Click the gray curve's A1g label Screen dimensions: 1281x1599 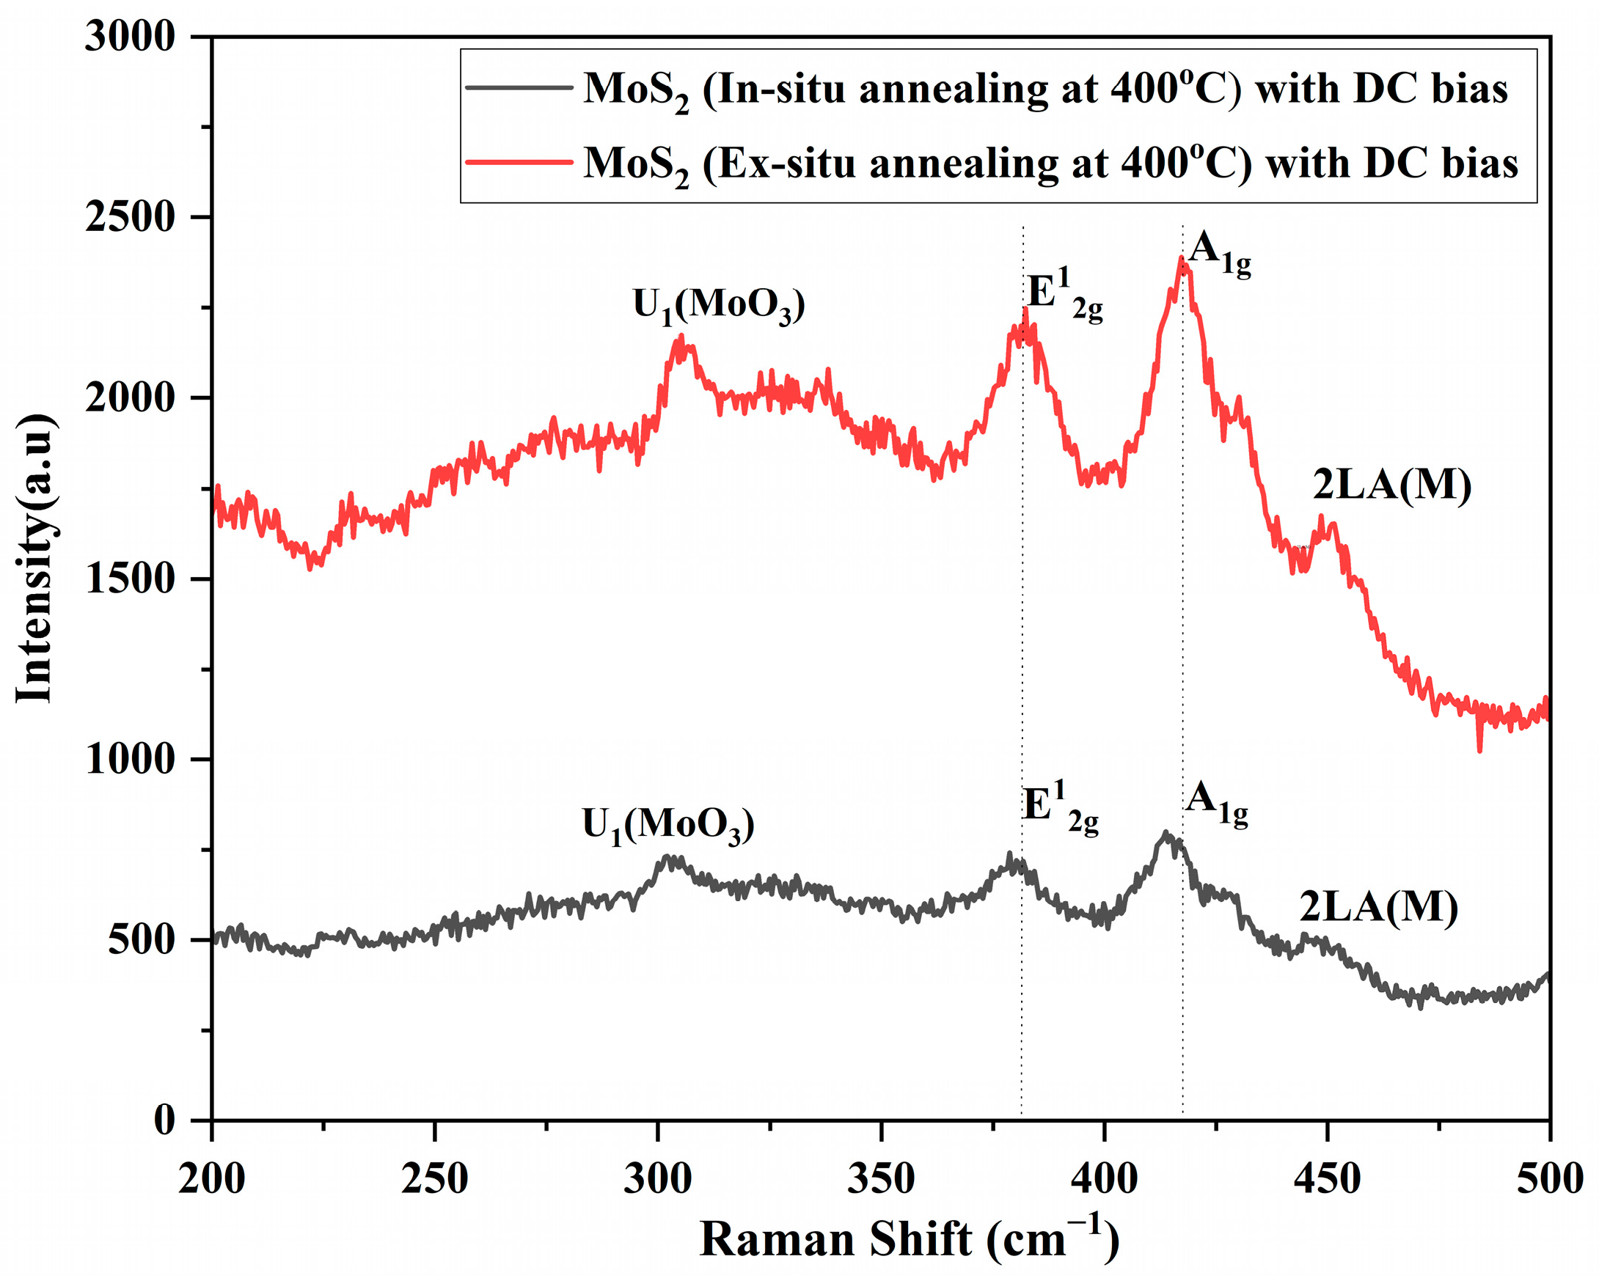[1215, 805]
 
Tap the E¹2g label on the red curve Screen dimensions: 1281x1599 [1064, 296]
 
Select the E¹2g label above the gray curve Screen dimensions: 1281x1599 [1059, 809]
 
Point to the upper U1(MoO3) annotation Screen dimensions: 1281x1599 [718, 307]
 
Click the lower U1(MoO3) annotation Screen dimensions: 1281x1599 [667, 826]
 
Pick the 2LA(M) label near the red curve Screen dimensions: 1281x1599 [1391, 486]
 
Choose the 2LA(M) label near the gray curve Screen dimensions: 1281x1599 [1378, 908]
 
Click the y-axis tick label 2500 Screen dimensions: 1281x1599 [129, 218]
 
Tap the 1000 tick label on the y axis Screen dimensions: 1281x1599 [129, 760]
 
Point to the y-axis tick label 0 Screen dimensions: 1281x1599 [164, 1121]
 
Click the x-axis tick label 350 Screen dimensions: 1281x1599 [880, 1178]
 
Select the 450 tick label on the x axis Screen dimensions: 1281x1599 [1327, 1178]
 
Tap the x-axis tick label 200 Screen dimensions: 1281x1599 [211, 1178]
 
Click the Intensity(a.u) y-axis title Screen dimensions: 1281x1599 [35, 559]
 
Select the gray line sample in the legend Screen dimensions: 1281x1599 [519, 87]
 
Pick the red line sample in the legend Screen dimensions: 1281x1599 [519, 161]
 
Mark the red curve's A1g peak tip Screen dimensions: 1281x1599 [1181, 258]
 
